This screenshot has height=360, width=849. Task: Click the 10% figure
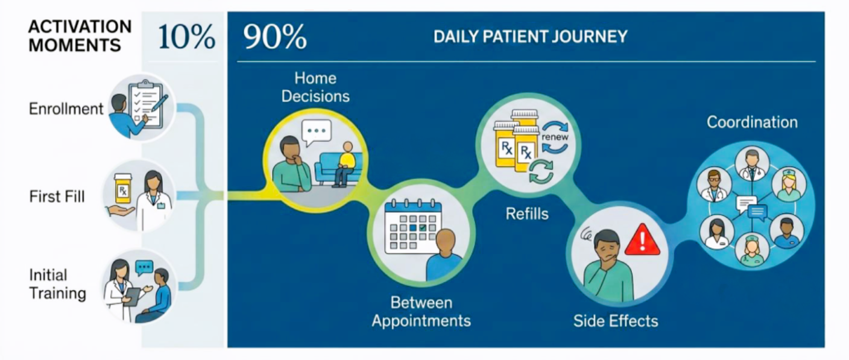click(x=186, y=37)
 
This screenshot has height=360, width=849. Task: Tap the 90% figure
click(x=275, y=37)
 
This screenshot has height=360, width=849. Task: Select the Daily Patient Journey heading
click(x=530, y=37)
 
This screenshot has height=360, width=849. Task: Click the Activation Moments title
click(x=80, y=36)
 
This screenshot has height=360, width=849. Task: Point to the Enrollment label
click(x=66, y=109)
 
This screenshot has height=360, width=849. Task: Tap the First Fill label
click(x=57, y=196)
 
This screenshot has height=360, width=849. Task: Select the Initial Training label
click(x=57, y=284)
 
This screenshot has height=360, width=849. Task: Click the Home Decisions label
click(x=315, y=87)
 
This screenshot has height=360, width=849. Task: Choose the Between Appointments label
click(x=421, y=311)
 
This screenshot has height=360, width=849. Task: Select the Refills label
click(x=527, y=213)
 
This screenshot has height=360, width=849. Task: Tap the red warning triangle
click(x=642, y=241)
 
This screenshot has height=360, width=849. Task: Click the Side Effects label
click(x=616, y=320)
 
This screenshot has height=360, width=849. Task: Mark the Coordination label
click(x=752, y=122)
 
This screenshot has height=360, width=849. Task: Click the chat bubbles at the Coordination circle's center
click(x=751, y=207)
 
